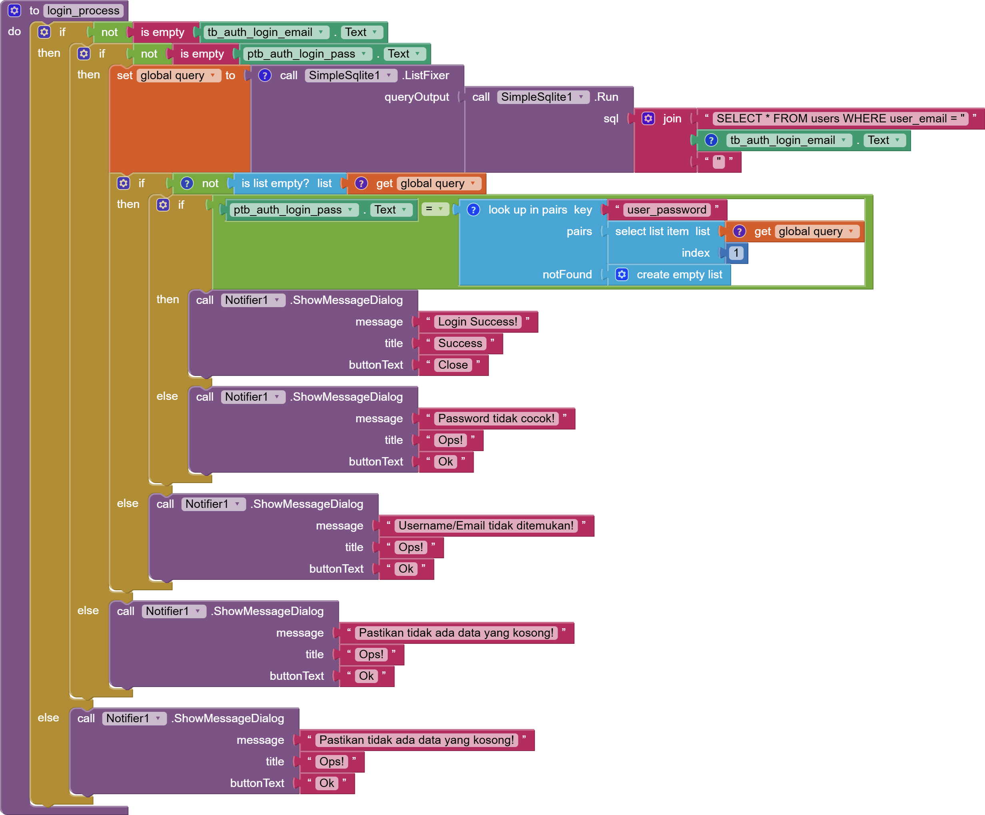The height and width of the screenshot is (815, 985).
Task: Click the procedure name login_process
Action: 83,10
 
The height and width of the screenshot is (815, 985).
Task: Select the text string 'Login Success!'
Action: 477,322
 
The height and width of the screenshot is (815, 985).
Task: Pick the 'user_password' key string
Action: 666,210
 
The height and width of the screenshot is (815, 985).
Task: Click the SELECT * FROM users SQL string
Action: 839,118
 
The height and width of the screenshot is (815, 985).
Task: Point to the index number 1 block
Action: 736,253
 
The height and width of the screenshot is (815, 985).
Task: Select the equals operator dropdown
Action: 435,209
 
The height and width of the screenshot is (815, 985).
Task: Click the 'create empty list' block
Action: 679,274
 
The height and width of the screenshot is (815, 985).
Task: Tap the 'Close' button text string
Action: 453,365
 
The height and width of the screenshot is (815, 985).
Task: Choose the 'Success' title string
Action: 460,343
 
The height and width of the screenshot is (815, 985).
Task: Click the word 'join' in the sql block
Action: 672,118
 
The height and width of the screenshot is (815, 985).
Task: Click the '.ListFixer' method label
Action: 425,75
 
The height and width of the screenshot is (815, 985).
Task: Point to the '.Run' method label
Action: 606,97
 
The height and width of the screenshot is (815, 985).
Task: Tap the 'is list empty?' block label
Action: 275,183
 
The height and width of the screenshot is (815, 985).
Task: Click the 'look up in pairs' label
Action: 527,210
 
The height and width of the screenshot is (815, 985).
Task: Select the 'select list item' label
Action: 652,231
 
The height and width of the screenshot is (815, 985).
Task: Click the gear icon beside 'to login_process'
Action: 14,10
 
